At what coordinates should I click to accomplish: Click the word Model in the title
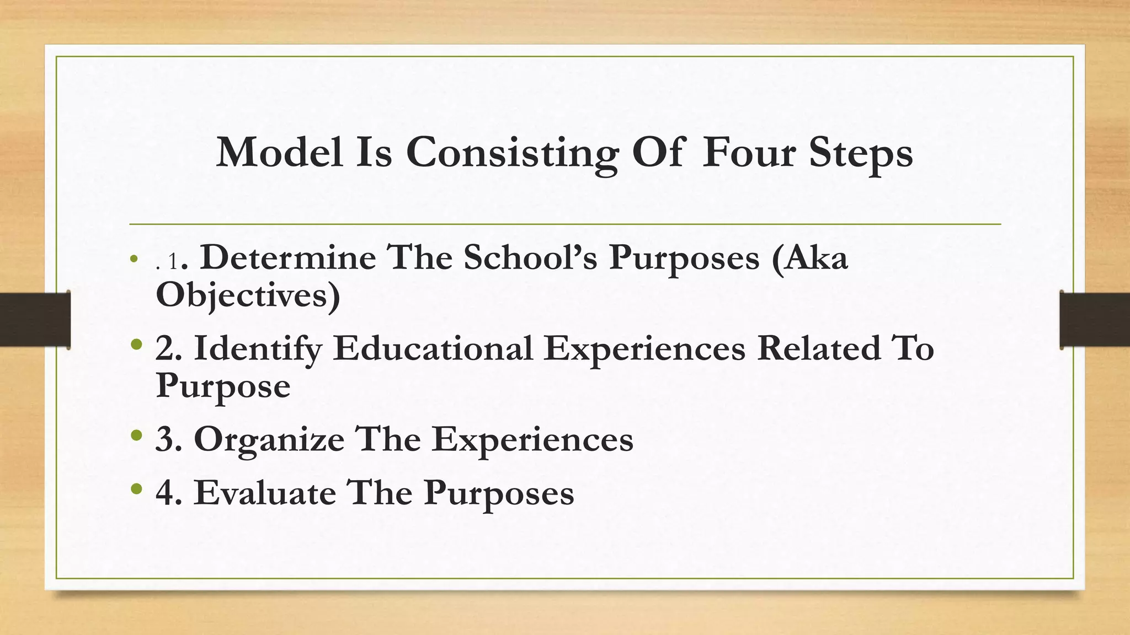point(279,152)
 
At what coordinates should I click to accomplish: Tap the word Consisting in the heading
point(512,153)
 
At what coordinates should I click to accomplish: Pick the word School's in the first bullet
point(530,257)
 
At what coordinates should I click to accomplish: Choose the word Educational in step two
point(433,348)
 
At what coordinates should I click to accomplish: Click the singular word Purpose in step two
point(223,386)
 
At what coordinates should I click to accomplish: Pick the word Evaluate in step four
point(265,492)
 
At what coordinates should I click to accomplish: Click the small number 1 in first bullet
point(173,262)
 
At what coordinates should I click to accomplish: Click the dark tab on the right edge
point(1095,320)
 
